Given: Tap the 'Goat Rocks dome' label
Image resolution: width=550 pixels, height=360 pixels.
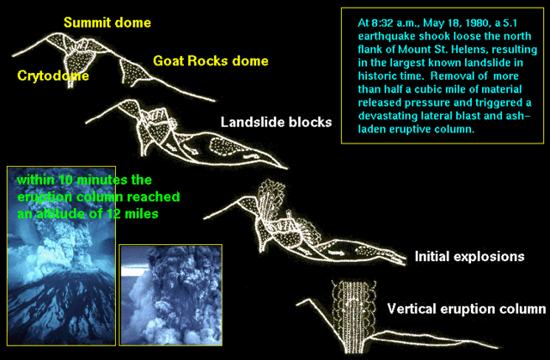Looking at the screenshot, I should tap(211, 61).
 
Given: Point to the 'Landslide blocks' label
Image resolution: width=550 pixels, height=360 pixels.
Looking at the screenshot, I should tap(275, 122).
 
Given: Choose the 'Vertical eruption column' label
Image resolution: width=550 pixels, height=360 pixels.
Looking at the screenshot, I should tap(466, 308).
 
